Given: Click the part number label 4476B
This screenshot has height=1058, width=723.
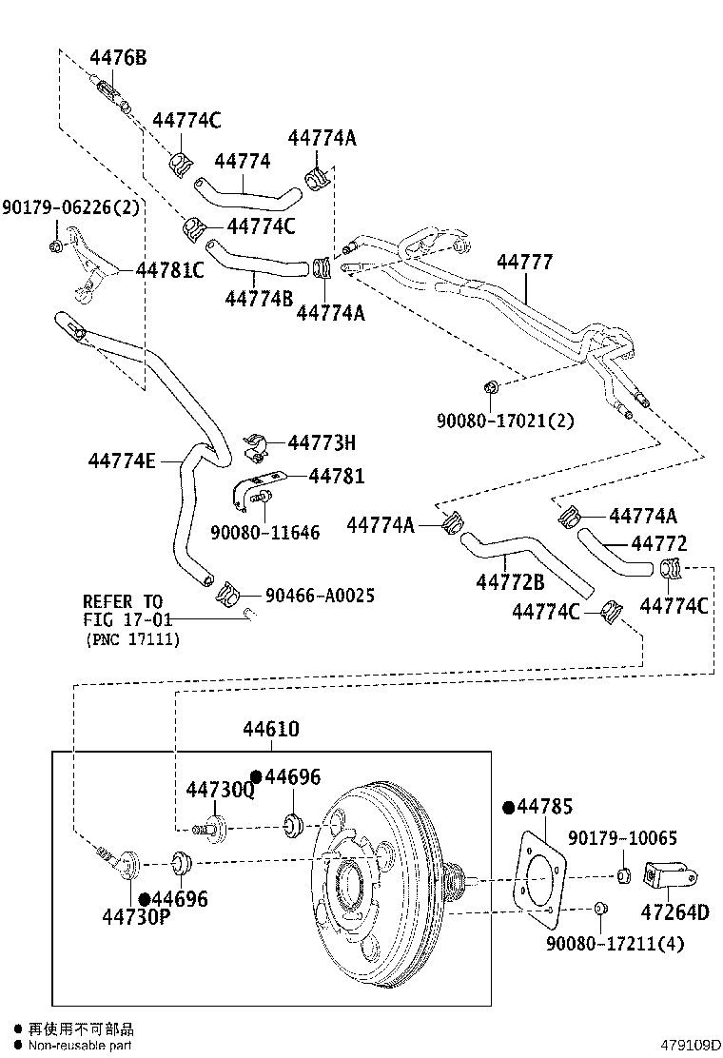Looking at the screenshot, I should [118, 58].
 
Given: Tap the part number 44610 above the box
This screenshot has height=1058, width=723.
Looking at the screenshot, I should [270, 729].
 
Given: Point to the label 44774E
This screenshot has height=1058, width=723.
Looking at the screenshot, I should [121, 460].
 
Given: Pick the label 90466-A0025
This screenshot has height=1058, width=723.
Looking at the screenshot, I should [320, 595].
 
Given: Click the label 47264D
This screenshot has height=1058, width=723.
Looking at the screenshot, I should [676, 912].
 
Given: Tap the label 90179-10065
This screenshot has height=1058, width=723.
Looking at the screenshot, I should [622, 838].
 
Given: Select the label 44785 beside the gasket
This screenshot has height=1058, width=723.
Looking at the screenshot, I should [545, 807].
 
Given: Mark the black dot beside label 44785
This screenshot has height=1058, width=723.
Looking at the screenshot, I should [509, 808].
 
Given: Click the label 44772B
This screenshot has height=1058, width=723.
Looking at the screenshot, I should [510, 581].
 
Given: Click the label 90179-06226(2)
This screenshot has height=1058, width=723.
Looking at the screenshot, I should [70, 206].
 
